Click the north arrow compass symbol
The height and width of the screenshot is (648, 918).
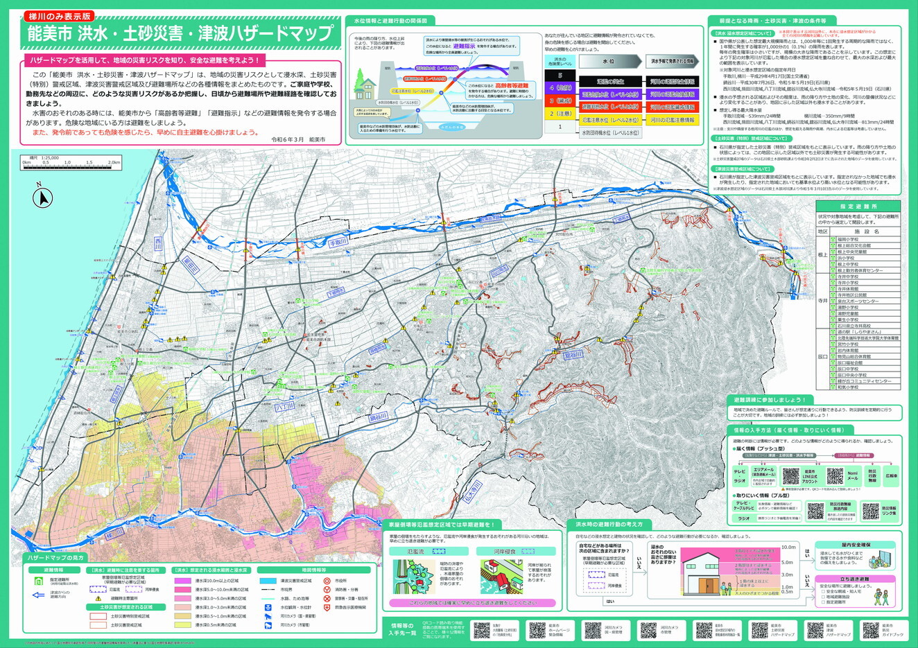(43, 198)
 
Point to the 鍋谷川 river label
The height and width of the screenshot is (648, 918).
(379, 418)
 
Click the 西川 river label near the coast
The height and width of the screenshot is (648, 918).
(157, 240)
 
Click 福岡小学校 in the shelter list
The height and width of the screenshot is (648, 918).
(849, 239)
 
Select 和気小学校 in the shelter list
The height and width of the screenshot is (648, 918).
(848, 387)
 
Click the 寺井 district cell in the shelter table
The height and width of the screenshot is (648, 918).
(822, 301)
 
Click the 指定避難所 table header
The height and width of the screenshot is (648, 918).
(858, 207)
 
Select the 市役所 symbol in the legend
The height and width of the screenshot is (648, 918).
(327, 580)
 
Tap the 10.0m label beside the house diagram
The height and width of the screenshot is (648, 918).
(788, 548)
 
